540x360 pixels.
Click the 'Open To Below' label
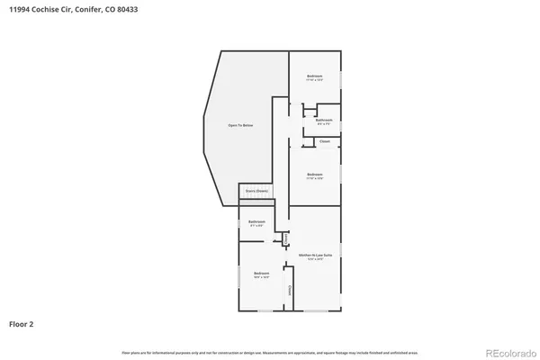240,125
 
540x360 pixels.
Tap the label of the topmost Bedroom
314,76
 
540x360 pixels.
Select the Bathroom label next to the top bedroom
324,120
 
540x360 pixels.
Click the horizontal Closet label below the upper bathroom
324,141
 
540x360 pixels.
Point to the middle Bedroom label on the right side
314,174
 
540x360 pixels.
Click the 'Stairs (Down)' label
256,191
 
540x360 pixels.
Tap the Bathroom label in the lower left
256,221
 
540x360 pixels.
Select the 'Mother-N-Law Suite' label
315,255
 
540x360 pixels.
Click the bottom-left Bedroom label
261,273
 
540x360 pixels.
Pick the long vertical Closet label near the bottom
289,291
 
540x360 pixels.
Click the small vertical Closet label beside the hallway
284,238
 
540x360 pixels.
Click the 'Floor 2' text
22,323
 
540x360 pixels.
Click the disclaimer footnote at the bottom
270,352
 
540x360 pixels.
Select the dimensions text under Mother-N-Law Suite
315,259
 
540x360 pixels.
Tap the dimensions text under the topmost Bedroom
314,80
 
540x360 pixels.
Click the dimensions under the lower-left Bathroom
256,226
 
